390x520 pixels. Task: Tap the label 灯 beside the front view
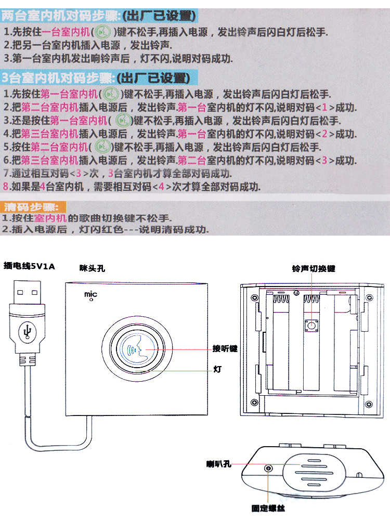(218, 369)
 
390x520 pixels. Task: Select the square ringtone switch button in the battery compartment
(312, 326)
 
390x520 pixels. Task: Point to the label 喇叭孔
(218, 463)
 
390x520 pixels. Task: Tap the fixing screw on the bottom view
(268, 469)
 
